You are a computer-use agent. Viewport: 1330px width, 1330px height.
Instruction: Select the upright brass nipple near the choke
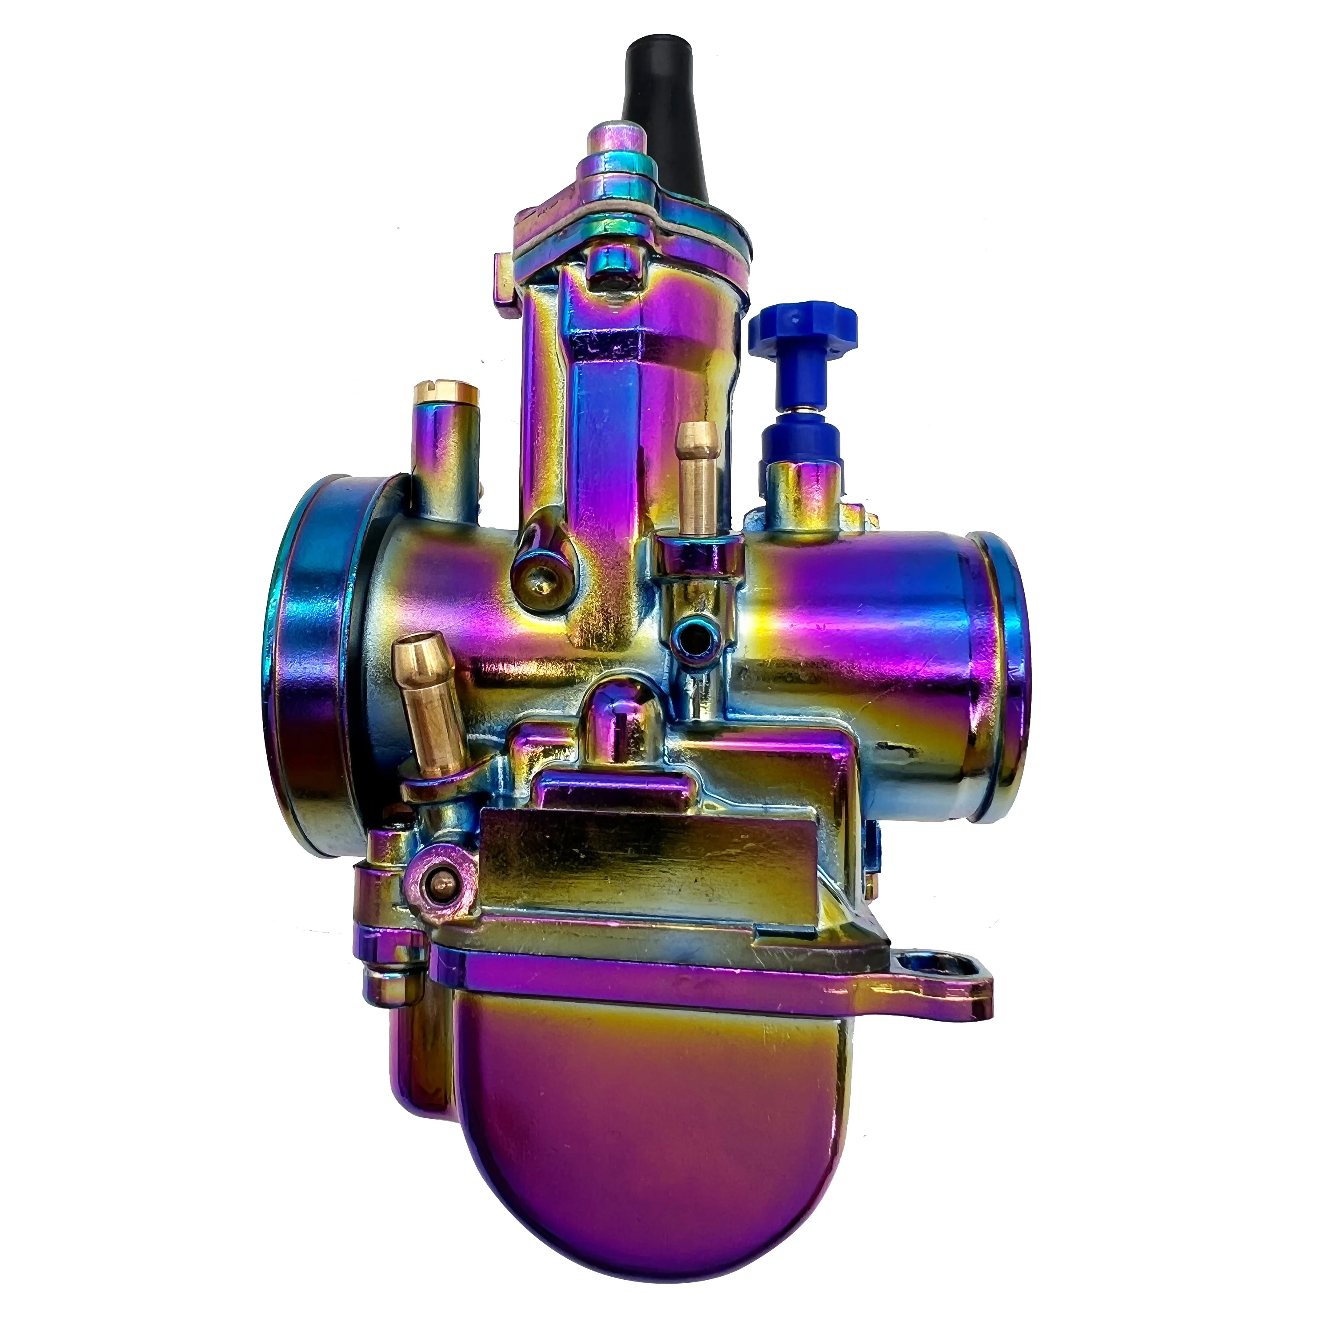(693, 482)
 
